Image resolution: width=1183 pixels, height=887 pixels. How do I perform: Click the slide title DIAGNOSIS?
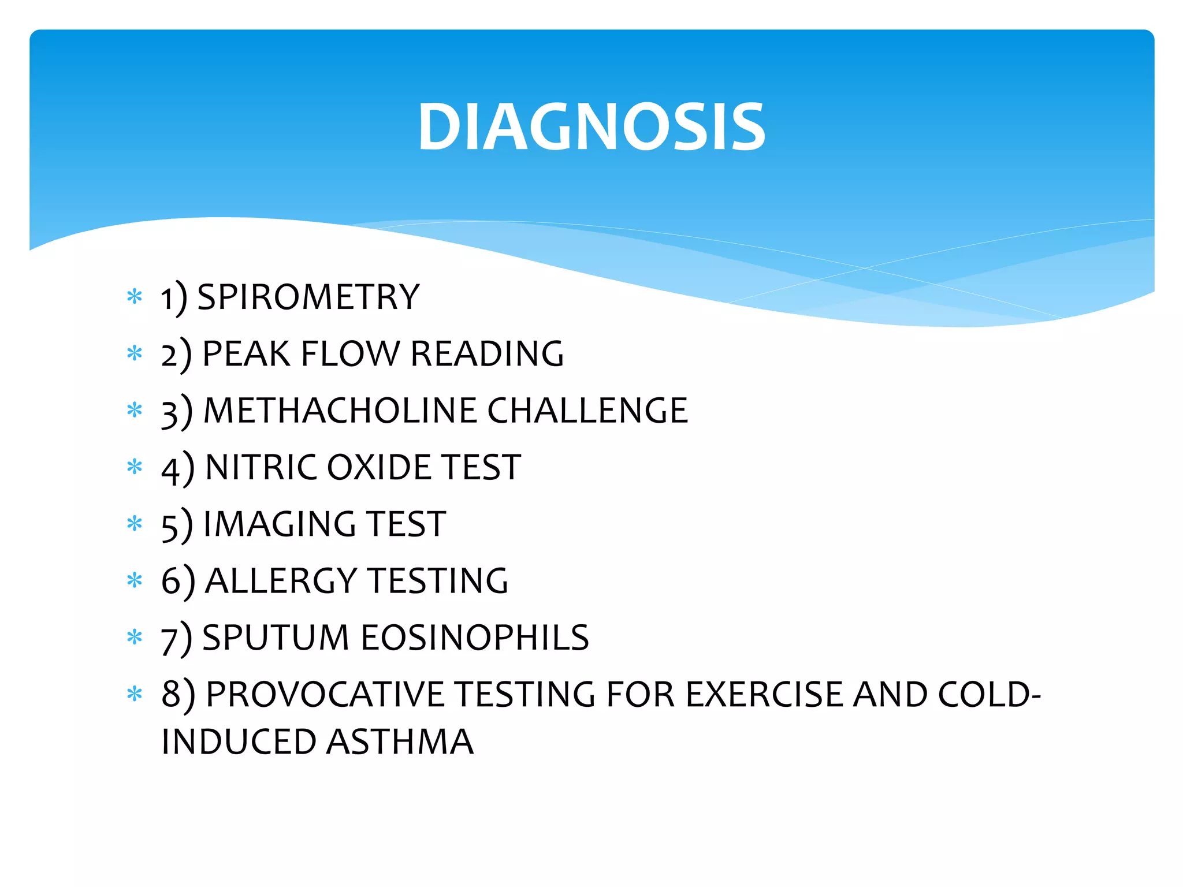(591, 126)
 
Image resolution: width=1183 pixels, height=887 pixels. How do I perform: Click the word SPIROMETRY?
(308, 297)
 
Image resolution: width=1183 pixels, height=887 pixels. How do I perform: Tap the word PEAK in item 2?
(246, 353)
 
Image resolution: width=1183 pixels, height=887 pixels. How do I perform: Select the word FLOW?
(350, 353)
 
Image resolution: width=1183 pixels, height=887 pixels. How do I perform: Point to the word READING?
(487, 353)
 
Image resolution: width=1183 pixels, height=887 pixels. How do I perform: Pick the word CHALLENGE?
(587, 411)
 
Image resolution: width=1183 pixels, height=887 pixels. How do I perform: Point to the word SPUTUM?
(276, 638)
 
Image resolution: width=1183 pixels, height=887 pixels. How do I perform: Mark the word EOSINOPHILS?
(475, 638)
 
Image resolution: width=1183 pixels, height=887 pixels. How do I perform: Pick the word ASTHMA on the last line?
(400, 742)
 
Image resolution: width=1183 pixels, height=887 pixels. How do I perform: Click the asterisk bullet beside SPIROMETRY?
(135, 297)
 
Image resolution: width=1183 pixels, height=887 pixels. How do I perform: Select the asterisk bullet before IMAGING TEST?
(135, 524)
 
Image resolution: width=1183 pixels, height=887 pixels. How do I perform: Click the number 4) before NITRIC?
(177, 469)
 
